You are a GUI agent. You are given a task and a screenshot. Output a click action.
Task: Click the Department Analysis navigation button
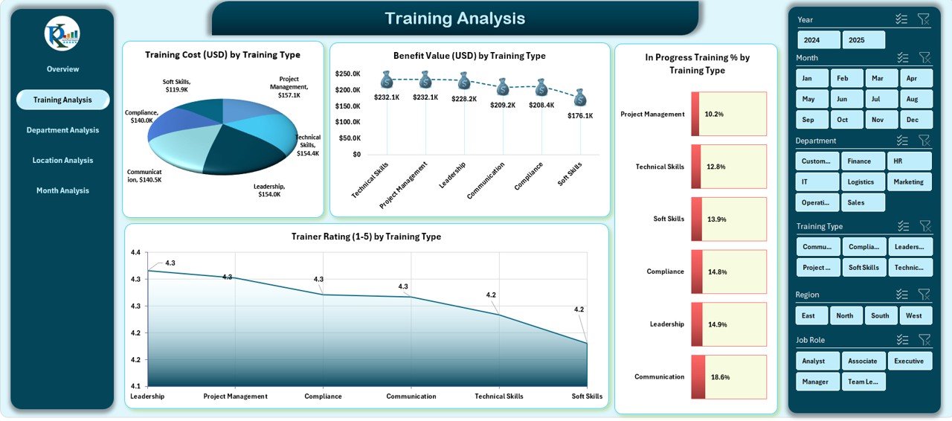pyautogui.click(x=62, y=130)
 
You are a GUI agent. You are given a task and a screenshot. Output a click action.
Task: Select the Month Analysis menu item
pyautogui.click(x=62, y=190)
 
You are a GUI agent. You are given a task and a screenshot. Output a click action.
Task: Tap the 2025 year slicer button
pyautogui.click(x=863, y=40)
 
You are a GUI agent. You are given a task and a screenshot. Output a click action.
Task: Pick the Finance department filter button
pyautogui.click(x=863, y=161)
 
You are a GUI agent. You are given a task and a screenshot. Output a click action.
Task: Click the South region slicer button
pyautogui.click(x=880, y=315)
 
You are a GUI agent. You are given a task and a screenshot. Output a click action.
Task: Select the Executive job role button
pyautogui.click(x=909, y=361)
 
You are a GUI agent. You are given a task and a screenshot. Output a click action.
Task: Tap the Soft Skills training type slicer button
pyautogui.click(x=863, y=268)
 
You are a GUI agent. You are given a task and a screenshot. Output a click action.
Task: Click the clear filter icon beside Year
pyautogui.click(x=924, y=19)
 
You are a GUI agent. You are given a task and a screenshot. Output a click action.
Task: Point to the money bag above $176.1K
pyautogui.click(x=580, y=97)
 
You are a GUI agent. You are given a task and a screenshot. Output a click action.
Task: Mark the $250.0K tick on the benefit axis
pyautogui.click(x=348, y=74)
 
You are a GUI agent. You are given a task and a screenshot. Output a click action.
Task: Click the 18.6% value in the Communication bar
pyautogui.click(x=720, y=377)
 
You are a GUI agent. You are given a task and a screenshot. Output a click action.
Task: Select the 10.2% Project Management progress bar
pyautogui.click(x=728, y=114)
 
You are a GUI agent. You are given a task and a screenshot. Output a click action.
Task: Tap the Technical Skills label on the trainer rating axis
pyautogui.click(x=499, y=396)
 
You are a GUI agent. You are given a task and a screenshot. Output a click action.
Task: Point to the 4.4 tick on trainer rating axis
pyautogui.click(x=135, y=253)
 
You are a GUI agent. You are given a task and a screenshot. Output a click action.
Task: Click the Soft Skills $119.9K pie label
pyautogui.click(x=177, y=86)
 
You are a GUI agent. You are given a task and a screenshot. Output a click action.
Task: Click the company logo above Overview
pyautogui.click(x=62, y=33)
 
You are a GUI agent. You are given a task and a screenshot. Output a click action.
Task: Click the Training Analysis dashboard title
pyautogui.click(x=454, y=19)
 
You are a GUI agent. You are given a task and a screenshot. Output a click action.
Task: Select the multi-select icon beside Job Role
pyautogui.click(x=902, y=340)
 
